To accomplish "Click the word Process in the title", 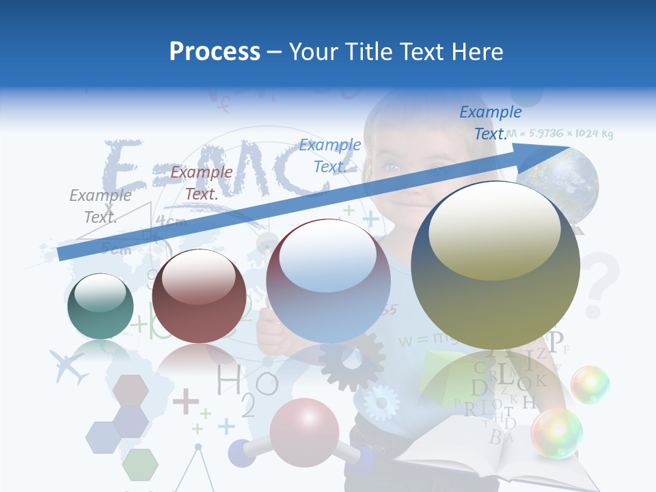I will pos(215,51).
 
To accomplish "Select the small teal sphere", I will pos(100,306).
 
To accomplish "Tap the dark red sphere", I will pos(199,296).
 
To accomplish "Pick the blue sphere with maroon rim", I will pos(328,281).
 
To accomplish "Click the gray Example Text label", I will pos(100,206).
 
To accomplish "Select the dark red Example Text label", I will pos(201,183).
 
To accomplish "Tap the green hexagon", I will pos(140,464).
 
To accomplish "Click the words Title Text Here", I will pos(396,51).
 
